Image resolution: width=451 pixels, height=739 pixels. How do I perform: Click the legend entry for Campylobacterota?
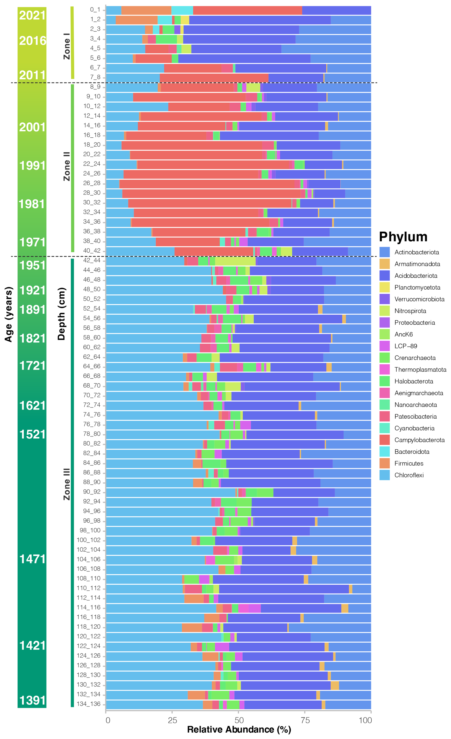(419, 440)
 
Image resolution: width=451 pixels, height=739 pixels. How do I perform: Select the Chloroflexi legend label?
(409, 475)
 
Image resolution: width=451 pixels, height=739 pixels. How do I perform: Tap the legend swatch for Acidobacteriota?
(384, 276)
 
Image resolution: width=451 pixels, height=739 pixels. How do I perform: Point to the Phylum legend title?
(403, 237)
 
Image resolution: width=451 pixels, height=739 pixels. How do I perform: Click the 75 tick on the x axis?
(305, 720)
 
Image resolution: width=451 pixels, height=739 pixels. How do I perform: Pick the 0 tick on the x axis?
(108, 720)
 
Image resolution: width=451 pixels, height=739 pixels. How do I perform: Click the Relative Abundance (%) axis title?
(239, 729)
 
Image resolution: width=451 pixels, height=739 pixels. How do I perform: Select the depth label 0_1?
(95, 10)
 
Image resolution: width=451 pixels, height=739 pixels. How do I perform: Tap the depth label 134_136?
(89, 704)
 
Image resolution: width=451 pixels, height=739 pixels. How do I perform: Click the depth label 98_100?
(90, 530)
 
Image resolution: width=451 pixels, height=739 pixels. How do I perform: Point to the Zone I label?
(67, 46)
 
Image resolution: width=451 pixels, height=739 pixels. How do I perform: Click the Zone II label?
(67, 166)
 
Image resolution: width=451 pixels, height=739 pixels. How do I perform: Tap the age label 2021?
(32, 15)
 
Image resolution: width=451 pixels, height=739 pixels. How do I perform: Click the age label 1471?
(32, 559)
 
